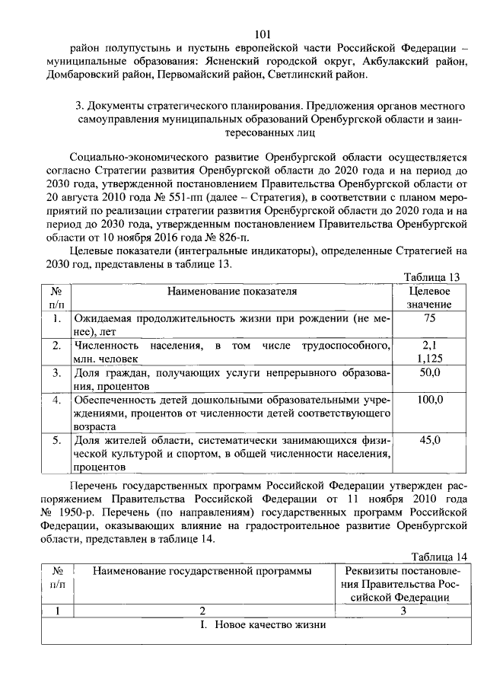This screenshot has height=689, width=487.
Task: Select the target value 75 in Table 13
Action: (x=430, y=318)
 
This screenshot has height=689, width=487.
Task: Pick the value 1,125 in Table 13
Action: (x=430, y=358)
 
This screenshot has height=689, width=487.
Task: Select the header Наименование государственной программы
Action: (x=202, y=571)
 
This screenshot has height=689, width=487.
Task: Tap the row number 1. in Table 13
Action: (x=57, y=318)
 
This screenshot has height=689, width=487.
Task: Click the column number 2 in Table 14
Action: (x=202, y=611)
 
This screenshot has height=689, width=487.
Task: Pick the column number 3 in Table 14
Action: (x=403, y=611)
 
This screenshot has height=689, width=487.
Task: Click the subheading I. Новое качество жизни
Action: (x=262, y=626)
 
